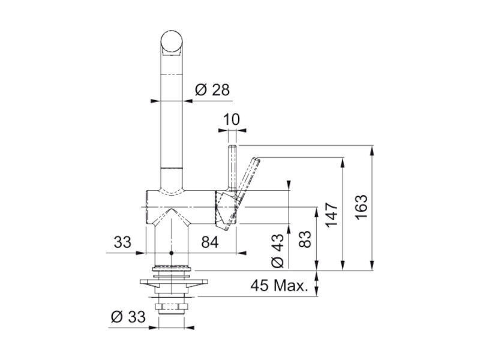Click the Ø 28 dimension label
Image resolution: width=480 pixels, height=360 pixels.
pos(212,89)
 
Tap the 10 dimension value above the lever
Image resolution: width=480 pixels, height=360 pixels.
pos(232,119)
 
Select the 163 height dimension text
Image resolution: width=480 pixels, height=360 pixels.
pos(362,207)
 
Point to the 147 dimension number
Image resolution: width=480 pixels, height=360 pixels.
pos(332,214)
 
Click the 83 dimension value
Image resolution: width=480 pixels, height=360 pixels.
pos(305,239)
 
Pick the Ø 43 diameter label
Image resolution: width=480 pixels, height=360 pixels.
pos(278,251)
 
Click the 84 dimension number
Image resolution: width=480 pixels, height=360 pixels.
pos(210,242)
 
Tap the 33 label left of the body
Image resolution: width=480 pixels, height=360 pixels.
pos(122,242)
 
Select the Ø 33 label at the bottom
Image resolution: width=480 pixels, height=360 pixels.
pos(128,317)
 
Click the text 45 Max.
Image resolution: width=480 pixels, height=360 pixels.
pos(279,286)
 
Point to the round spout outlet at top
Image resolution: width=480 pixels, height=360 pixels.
pos(172,41)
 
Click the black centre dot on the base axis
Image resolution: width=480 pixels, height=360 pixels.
pos(171,253)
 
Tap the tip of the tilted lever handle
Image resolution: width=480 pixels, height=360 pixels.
pos(257,159)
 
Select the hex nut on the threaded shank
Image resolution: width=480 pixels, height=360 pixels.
pos(172,307)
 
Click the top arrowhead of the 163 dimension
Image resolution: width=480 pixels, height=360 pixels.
pos(372,150)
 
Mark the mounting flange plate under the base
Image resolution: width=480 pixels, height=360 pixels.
pos(173,282)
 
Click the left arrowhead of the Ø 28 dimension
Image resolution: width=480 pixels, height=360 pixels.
pos(155,101)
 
